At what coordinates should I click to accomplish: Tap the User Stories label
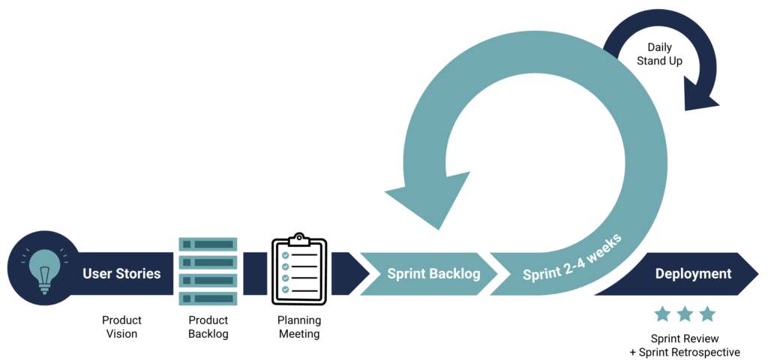click(x=121, y=273)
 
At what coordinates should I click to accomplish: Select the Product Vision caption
click(x=121, y=327)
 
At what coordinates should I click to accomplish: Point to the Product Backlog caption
click(x=208, y=327)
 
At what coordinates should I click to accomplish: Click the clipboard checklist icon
click(x=298, y=270)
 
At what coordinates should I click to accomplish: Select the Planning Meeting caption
click(x=298, y=327)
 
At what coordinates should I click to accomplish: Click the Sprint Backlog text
click(x=433, y=273)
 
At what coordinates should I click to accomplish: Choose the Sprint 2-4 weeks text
click(x=571, y=257)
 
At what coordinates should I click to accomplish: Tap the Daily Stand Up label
click(x=659, y=54)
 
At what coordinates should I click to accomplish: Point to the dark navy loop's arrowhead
click(x=701, y=98)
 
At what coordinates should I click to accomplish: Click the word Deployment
click(x=693, y=273)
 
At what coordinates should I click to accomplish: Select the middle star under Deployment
click(x=685, y=314)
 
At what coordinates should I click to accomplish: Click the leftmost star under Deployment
click(x=662, y=314)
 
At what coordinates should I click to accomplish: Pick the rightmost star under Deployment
click(x=707, y=314)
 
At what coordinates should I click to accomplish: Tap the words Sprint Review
click(x=685, y=338)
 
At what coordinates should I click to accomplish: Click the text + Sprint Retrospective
click(x=685, y=352)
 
